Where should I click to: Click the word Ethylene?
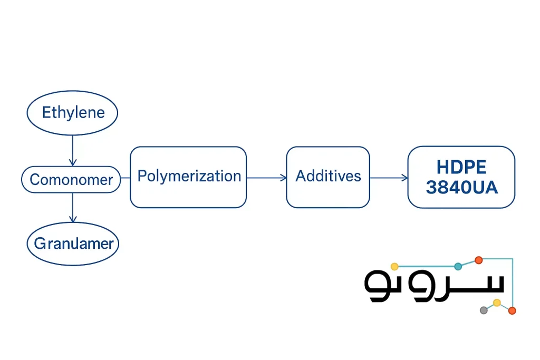click(x=73, y=113)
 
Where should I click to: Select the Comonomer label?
click(x=71, y=180)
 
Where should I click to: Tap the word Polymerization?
click(x=189, y=176)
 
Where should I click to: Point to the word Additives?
click(x=328, y=176)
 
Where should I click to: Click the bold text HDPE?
click(x=461, y=168)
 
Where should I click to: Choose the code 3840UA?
click(x=462, y=188)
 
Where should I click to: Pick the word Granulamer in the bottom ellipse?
click(x=74, y=244)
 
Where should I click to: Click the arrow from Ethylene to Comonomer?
click(x=73, y=150)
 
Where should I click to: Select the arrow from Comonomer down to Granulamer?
click(x=73, y=208)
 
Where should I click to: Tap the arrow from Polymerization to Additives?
click(x=266, y=178)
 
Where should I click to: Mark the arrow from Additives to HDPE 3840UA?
click(x=389, y=178)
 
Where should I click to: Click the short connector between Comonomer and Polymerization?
click(x=126, y=178)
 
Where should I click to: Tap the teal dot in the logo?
click(x=458, y=266)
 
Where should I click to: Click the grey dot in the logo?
click(x=484, y=310)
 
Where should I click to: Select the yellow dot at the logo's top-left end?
click(x=394, y=266)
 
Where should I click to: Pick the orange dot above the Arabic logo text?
click(x=479, y=260)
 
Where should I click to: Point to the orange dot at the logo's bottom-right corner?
click(x=512, y=311)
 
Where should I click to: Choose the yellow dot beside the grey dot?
click(x=497, y=303)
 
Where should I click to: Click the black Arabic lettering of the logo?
click(x=435, y=286)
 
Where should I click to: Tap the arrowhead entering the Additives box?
click(x=283, y=178)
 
